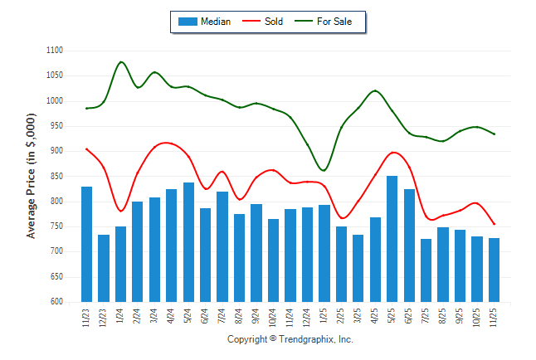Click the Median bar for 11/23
[86, 244]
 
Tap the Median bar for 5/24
[188, 242]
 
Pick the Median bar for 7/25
[426, 270]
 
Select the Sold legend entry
[265, 22]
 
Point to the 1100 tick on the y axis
[54, 51]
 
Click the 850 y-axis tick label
[56, 176]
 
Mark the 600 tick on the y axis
[56, 302]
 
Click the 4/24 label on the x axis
[172, 317]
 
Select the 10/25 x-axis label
[477, 319]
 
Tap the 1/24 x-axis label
[121, 317]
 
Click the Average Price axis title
[32, 177]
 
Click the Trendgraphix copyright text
[290, 340]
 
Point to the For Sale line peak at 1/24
[121, 61]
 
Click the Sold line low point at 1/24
[121, 212]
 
